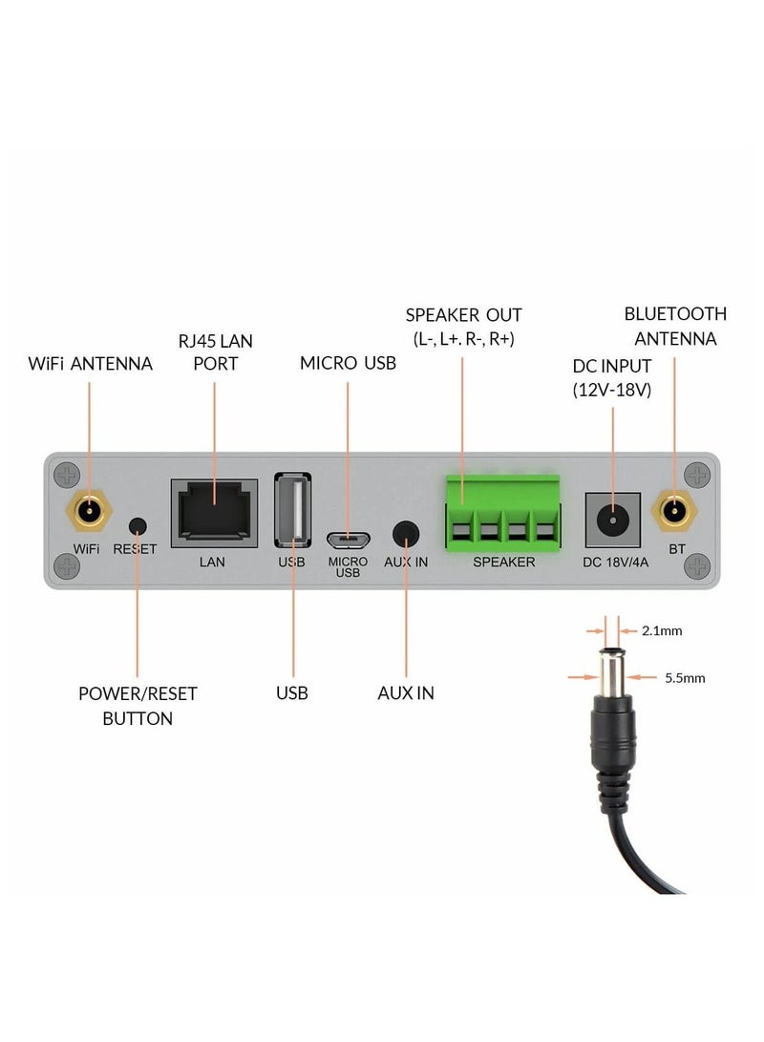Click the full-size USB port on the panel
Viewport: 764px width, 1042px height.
coord(292,510)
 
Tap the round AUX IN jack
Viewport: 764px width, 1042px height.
coord(407,533)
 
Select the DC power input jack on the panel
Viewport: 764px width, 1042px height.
coord(611,520)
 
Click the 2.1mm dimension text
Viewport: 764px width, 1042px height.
coord(662,630)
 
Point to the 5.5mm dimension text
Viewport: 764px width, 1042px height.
coord(685,678)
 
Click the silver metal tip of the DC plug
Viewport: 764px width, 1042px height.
coord(610,674)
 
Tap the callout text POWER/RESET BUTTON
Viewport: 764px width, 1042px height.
coord(138,706)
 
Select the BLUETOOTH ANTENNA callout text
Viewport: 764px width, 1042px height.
coord(675,326)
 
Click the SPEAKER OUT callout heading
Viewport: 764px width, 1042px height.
coord(463,315)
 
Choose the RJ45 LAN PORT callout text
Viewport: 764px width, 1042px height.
coord(215,351)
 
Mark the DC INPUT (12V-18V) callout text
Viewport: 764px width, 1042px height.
coord(612,377)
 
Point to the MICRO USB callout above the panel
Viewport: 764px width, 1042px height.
coord(348,363)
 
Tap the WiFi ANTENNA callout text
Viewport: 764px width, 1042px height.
coord(89,364)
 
